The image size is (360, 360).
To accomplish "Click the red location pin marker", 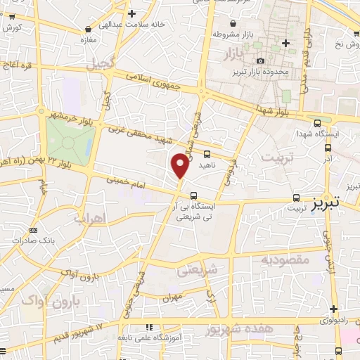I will tap(181, 165).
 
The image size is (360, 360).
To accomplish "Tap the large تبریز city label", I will tap(324, 201).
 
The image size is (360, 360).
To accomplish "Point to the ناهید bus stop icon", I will tap(207, 153).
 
